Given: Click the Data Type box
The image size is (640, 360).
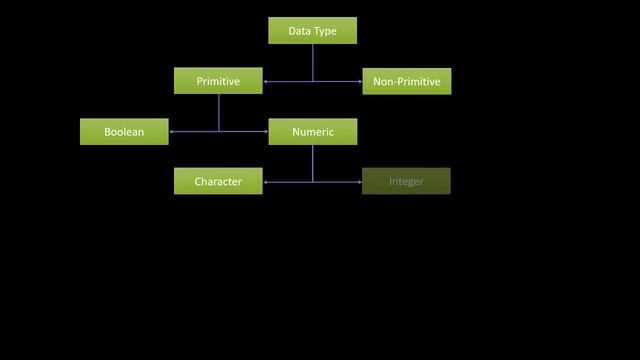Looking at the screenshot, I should point(312,31).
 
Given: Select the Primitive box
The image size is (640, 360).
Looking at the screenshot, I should point(218,81).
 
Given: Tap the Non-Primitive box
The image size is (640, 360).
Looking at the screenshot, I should point(406,81).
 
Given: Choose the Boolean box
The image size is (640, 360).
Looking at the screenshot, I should point(124,132).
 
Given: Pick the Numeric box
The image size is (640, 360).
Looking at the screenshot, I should point(312,132).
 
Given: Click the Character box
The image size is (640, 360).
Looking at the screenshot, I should point(218,182).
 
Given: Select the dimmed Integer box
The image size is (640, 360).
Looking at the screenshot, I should point(406,182).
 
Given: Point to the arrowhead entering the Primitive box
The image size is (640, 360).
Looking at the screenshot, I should point(266,81).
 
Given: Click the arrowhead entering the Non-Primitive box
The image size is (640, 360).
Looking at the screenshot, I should point(359,81).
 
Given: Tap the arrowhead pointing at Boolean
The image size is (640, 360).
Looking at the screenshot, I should point(172,132).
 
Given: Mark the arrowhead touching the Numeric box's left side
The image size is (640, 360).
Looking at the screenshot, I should point(265,132).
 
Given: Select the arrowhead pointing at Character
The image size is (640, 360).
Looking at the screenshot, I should point(266,182).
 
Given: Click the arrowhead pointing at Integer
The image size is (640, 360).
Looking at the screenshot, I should point(359,182).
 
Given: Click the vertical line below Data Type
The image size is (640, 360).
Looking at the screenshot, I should point(312,62).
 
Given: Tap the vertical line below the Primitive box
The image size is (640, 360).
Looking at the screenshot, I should point(218,112).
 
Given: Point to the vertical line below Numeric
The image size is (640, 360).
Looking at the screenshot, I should point(312,163).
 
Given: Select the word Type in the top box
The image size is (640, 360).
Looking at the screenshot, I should point(325,31).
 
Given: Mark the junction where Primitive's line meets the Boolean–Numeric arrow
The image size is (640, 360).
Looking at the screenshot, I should point(218,132).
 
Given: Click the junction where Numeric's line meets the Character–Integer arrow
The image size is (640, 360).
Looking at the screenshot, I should point(312,182).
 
